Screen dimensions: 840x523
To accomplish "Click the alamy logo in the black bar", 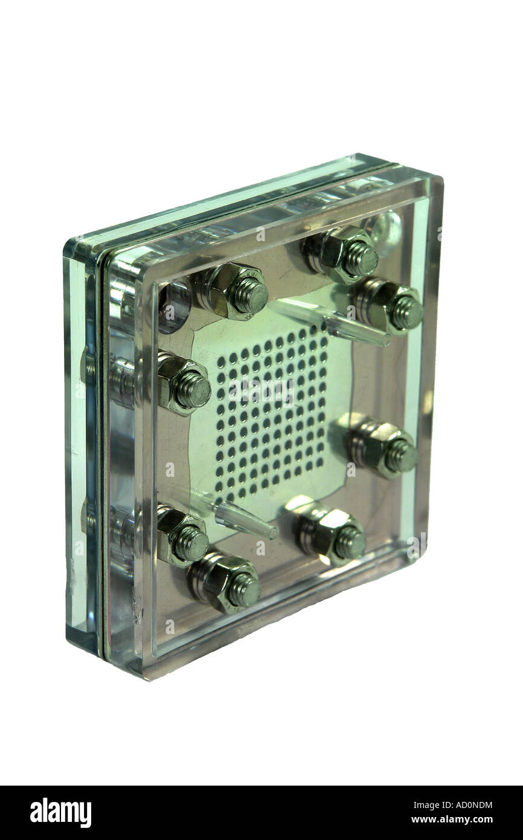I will point(60,812).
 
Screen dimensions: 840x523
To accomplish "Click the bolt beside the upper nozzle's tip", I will point(390,306).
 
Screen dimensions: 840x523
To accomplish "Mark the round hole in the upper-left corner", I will point(174,305).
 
